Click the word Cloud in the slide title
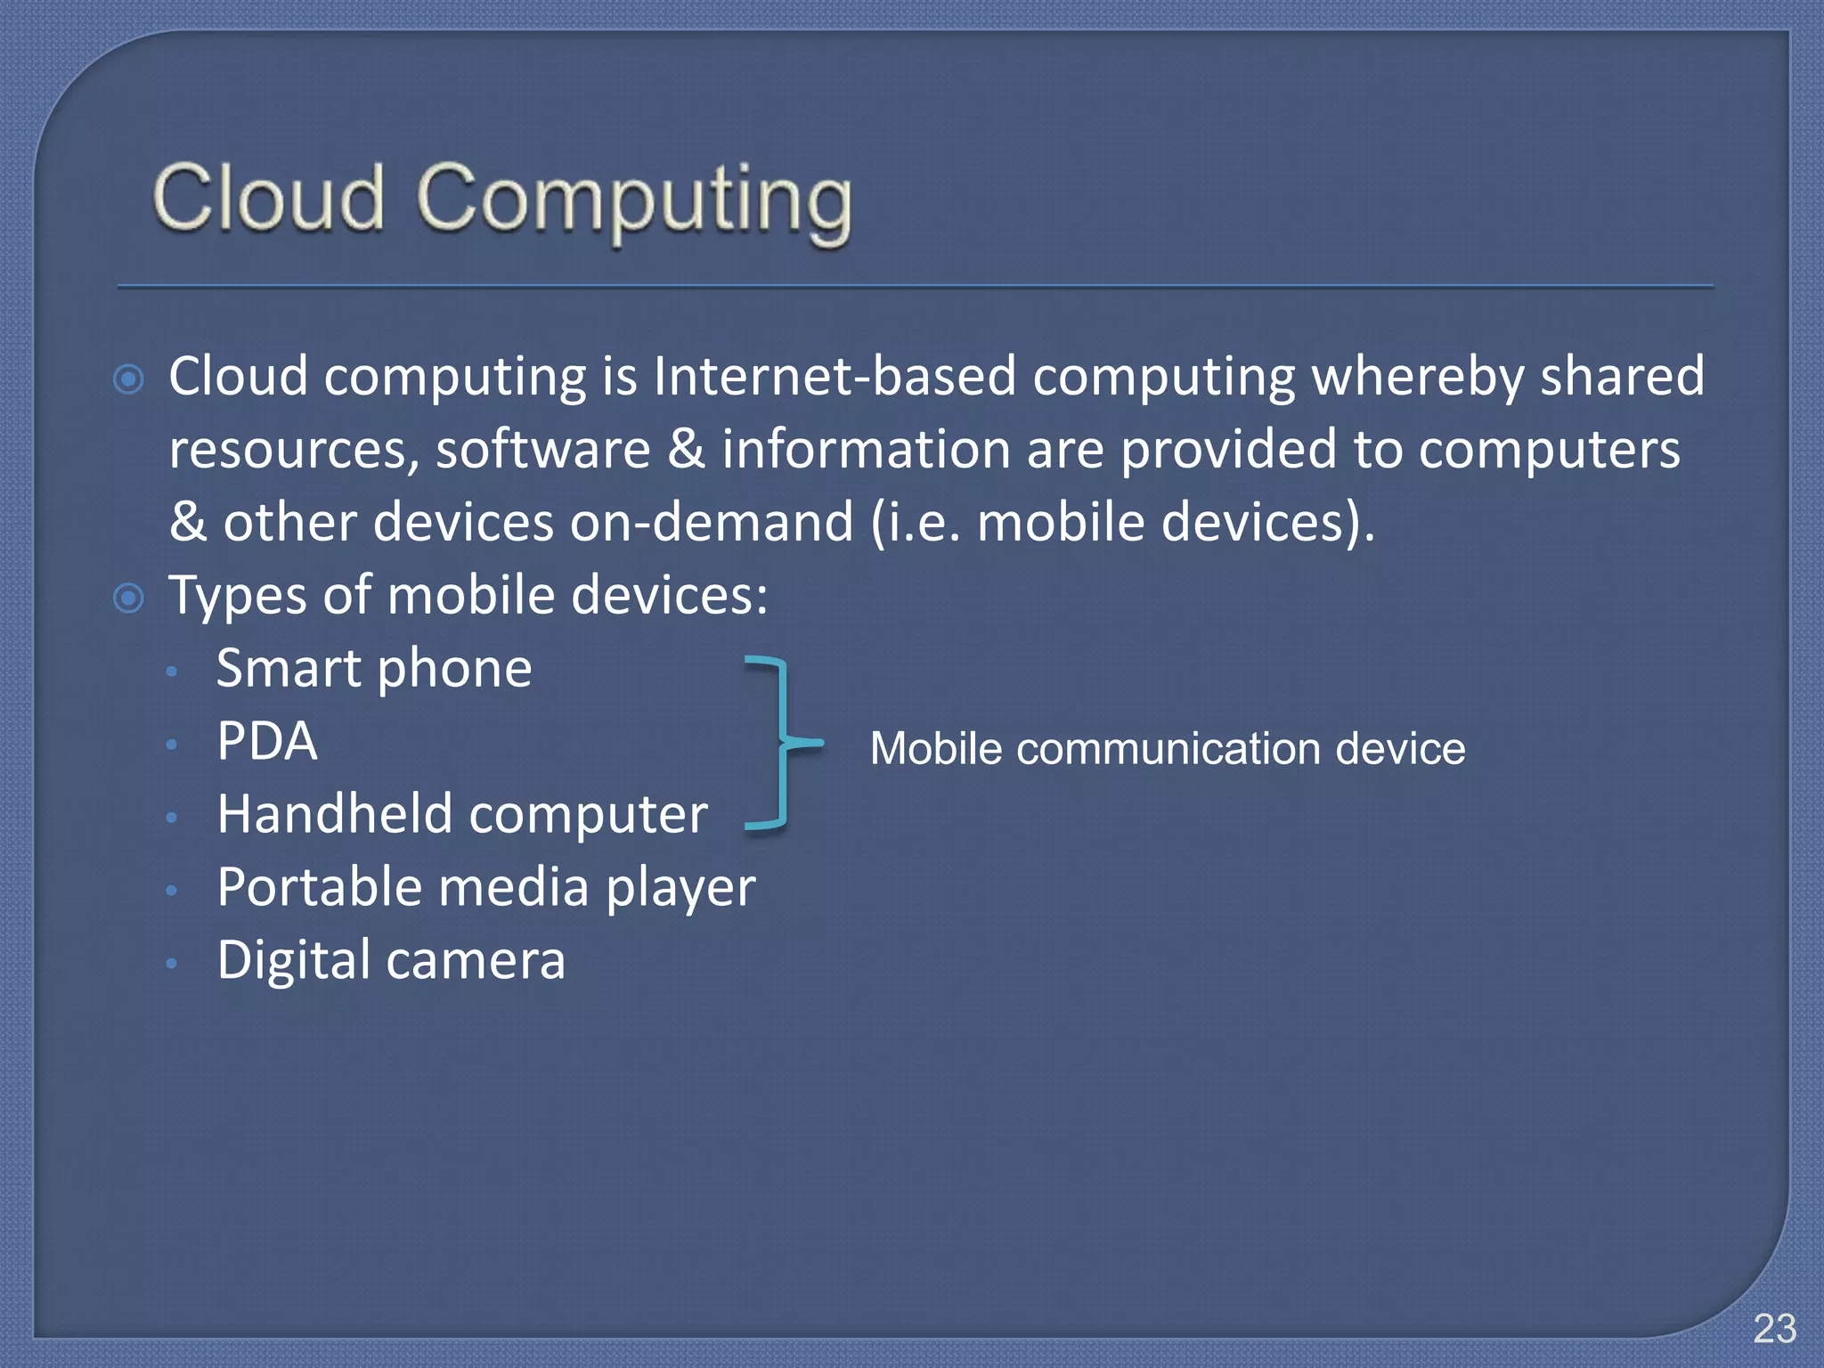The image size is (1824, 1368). (268, 198)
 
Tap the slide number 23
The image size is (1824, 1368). (1774, 1329)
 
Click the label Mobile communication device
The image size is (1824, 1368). (1167, 748)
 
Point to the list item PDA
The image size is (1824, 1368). (267, 741)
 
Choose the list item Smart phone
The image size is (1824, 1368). (374, 669)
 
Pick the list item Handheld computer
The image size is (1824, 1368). (462, 814)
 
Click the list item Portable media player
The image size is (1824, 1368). (486, 888)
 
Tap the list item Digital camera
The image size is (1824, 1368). (391, 960)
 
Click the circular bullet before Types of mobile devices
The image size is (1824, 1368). (129, 598)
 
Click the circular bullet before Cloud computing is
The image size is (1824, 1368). (129, 379)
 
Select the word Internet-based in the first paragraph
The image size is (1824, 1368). (834, 376)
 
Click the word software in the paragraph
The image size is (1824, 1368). (543, 449)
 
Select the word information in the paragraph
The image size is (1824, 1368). (866, 449)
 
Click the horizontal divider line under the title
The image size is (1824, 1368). (915, 287)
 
